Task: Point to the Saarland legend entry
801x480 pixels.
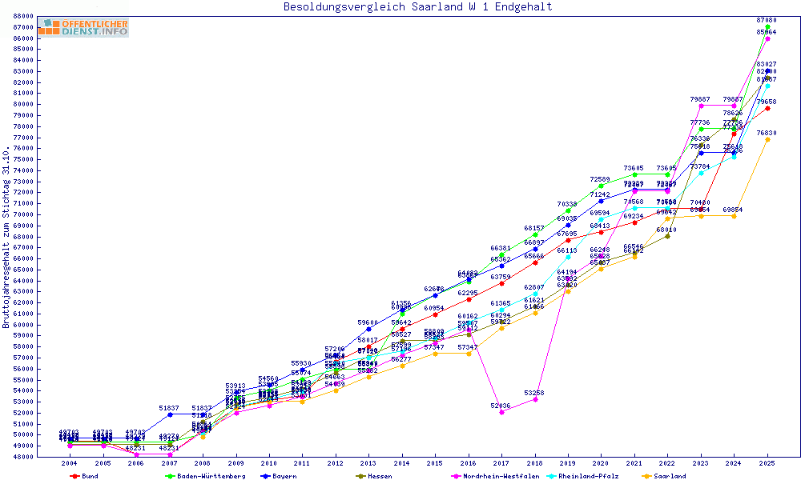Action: pos(669,476)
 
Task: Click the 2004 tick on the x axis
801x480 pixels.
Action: pos(70,463)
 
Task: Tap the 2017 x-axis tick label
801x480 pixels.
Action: pos(501,463)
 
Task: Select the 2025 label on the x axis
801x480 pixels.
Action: pos(767,463)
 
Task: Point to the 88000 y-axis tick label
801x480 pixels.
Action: pos(22,16)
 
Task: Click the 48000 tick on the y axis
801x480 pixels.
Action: pos(22,457)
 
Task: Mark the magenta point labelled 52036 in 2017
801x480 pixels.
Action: pos(501,413)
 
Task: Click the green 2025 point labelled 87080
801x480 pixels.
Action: pos(767,26)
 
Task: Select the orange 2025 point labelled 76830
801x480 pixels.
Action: pos(767,139)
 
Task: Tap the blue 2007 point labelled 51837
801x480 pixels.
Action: pos(170,414)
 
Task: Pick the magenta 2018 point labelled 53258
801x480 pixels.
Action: pos(535,399)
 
